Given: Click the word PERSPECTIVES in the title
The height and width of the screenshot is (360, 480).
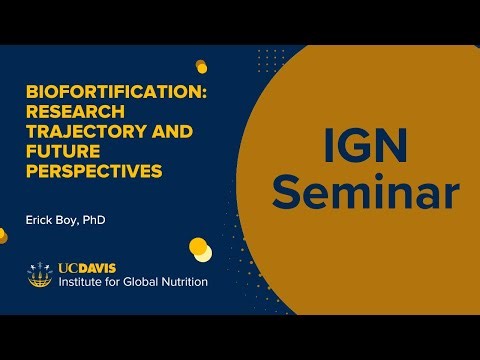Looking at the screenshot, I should [94, 171].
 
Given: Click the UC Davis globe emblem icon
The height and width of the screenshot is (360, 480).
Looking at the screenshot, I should [40, 274].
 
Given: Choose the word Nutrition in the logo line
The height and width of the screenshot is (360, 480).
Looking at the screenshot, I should [187, 282].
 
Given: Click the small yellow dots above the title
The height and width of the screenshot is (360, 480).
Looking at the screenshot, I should [201, 66].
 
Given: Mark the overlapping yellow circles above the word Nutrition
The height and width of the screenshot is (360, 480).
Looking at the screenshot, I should [200, 247].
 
